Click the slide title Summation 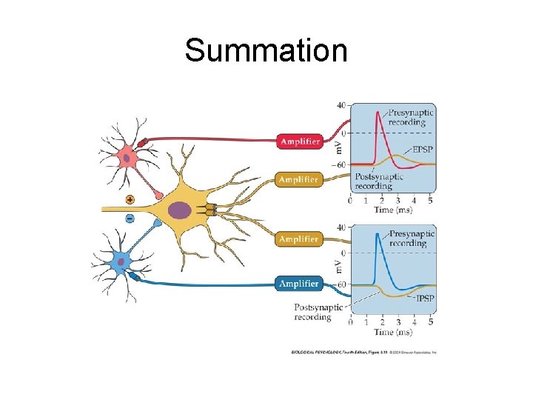[x=266, y=51]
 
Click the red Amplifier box [x=299, y=141]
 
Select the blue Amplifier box [x=299, y=284]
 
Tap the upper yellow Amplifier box [x=299, y=179]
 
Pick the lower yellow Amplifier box [x=299, y=239]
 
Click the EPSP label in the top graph [x=423, y=150]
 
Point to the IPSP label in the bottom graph [x=425, y=298]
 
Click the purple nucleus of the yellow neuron [x=180, y=211]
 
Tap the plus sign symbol [x=130, y=199]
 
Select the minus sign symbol [x=130, y=219]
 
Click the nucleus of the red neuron [x=127, y=156]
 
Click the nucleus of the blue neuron [x=121, y=261]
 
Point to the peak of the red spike [x=379, y=113]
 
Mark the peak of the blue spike [x=378, y=234]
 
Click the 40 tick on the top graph [x=341, y=104]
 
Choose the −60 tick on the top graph [x=339, y=164]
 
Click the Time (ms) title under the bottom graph [x=392, y=333]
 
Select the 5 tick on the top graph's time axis [x=430, y=200]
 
